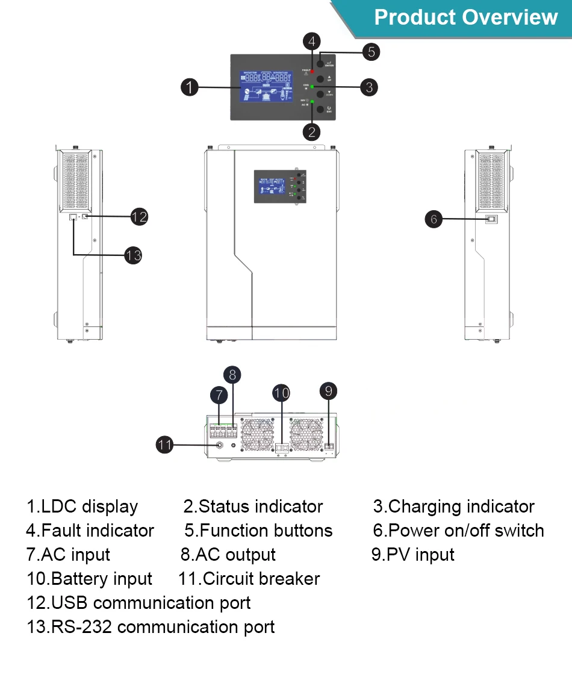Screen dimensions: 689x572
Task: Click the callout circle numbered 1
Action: click(190, 87)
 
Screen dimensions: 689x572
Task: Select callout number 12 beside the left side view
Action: click(139, 216)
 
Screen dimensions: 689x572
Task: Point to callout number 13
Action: click(133, 255)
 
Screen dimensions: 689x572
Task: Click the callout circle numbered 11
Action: click(165, 445)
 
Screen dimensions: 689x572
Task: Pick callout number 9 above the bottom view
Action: click(328, 391)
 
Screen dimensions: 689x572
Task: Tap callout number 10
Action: click(281, 393)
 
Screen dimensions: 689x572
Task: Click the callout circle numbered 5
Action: click(371, 52)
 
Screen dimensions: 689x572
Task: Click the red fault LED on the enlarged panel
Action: click(312, 72)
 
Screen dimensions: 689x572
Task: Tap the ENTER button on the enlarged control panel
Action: click(321, 63)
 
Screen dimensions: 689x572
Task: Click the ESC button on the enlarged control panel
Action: click(321, 109)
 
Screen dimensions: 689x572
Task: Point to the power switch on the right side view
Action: click(491, 219)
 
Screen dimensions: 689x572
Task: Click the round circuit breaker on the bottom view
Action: click(219, 446)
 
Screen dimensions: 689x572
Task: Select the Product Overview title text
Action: click(465, 17)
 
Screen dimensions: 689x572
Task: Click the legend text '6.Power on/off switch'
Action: click(458, 531)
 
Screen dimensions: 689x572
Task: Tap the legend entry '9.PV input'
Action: click(412, 555)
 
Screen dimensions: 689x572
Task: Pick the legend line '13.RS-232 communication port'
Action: click(151, 627)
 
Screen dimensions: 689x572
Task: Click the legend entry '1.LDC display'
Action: click(82, 507)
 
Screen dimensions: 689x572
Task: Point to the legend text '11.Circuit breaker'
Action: click(249, 579)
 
